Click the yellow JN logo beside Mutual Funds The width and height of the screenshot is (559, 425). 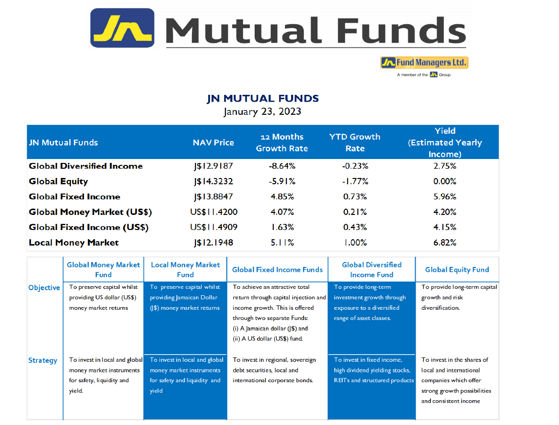tap(122, 28)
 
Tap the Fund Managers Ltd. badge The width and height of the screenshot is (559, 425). tap(424, 63)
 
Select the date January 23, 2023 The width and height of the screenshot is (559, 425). tap(262, 111)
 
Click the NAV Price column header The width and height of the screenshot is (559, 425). tap(213, 142)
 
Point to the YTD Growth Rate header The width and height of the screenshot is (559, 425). tap(355, 142)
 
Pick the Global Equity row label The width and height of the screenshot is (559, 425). tap(58, 181)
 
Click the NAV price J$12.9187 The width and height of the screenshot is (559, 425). tap(213, 166)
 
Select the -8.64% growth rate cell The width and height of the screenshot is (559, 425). tap(282, 166)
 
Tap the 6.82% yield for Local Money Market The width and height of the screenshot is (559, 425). tap(445, 243)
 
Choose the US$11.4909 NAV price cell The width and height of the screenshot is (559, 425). tap(213, 228)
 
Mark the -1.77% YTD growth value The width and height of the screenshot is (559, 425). tap(355, 181)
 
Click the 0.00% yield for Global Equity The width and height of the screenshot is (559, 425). tap(445, 181)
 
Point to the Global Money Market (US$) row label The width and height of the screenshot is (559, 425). tap(90, 212)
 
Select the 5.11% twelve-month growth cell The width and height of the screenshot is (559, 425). tap(282, 243)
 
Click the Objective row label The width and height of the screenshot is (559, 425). tap(44, 288)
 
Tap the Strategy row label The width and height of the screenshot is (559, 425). tap(43, 360)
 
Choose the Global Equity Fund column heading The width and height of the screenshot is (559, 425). tap(457, 270)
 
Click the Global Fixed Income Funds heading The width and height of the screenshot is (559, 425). tap(278, 270)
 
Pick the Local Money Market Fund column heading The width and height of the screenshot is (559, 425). tap(185, 270)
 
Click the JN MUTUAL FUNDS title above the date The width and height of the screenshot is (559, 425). tap(263, 98)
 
